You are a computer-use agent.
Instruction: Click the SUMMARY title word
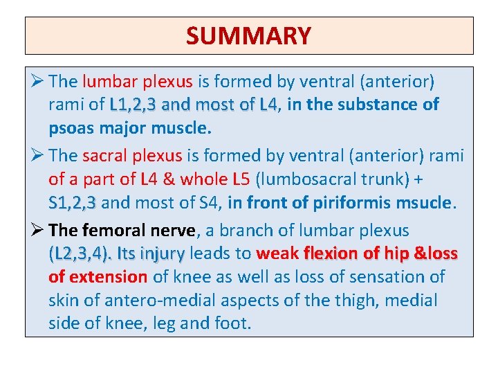[x=249, y=35]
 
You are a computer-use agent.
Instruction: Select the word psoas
[x=70, y=129]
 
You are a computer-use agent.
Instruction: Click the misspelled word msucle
[x=422, y=204]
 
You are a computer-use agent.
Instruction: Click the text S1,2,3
[x=73, y=204]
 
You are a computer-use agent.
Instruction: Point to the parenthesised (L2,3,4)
[x=80, y=253]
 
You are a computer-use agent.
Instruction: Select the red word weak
[x=277, y=253]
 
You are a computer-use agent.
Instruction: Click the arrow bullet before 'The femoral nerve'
[x=37, y=231]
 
